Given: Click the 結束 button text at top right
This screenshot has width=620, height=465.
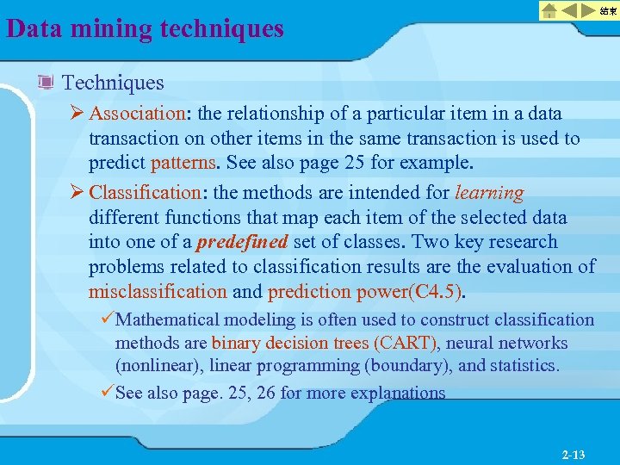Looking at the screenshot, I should pyautogui.click(x=608, y=10).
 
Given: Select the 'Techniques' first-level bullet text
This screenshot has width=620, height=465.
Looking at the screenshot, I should pyautogui.click(x=113, y=83).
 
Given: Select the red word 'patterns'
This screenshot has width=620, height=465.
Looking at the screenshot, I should pyautogui.click(x=183, y=163).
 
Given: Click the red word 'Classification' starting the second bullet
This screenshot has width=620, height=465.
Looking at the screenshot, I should pyautogui.click(x=144, y=192).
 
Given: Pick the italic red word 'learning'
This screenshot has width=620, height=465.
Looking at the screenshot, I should pyautogui.click(x=489, y=192).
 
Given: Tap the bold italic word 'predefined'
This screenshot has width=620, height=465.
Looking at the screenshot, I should pyautogui.click(x=242, y=242).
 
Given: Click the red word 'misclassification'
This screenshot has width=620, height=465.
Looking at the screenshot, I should pyautogui.click(x=158, y=292).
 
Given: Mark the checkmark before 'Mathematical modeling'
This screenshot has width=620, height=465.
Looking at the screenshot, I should pyautogui.click(x=107, y=320).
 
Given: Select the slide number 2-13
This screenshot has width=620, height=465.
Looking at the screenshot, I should pyautogui.click(x=573, y=453).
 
